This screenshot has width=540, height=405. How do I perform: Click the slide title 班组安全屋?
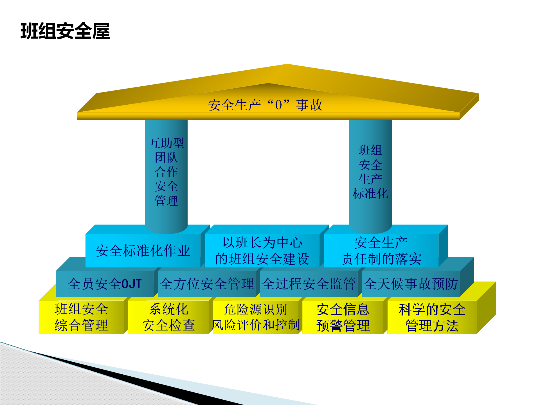(x=65, y=31)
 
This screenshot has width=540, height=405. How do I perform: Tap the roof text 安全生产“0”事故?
(x=265, y=105)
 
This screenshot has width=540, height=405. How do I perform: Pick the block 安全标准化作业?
(x=143, y=251)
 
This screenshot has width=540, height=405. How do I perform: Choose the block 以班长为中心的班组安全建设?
(x=262, y=251)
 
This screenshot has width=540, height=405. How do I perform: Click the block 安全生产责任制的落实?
(x=381, y=251)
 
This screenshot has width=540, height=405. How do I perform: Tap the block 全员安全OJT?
(x=105, y=284)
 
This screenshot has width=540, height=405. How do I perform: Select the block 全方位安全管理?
(x=207, y=284)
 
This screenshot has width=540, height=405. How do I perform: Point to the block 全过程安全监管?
(x=309, y=284)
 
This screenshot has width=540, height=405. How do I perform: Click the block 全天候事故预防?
(x=411, y=284)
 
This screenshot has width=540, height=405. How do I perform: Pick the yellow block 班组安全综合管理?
(x=81, y=317)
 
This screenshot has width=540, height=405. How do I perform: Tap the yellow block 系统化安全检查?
(x=168, y=317)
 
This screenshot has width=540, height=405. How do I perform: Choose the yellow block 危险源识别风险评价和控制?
(x=256, y=317)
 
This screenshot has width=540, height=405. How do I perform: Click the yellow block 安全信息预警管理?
(x=343, y=317)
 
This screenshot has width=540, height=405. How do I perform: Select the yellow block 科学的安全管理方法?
(x=432, y=317)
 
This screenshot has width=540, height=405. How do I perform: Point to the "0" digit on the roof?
(x=278, y=105)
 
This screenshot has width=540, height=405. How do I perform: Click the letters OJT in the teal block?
(x=131, y=284)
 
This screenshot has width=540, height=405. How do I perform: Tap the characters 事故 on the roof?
(x=309, y=105)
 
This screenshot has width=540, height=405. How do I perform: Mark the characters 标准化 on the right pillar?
(x=370, y=193)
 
